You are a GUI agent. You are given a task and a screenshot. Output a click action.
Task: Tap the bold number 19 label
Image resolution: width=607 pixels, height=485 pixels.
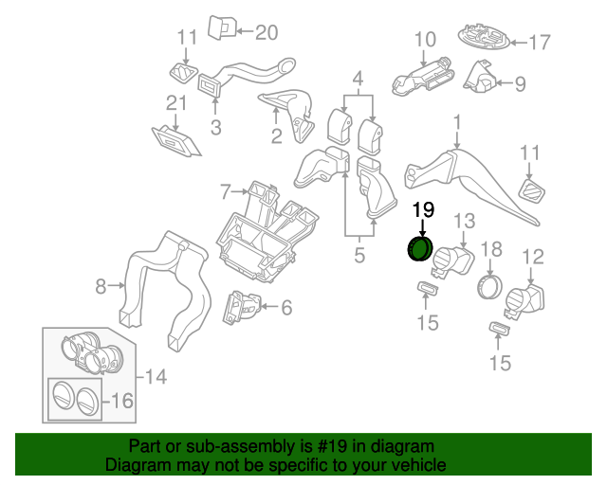tap(423, 210)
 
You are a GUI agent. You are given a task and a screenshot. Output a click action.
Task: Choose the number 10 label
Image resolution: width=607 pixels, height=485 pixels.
tap(424, 40)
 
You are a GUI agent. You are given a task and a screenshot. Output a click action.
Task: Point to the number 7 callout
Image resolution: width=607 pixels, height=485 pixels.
tap(225, 192)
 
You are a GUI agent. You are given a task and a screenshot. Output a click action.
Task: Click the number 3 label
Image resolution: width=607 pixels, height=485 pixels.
tap(215, 125)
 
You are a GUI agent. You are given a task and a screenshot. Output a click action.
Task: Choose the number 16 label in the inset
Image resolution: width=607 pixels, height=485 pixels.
tap(120, 401)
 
